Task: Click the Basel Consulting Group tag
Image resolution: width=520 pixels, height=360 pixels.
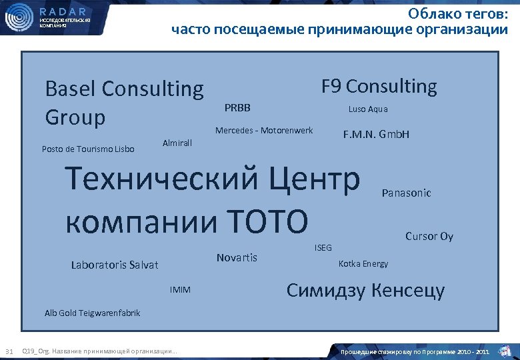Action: tap(123, 103)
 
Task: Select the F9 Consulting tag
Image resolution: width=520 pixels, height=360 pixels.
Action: tap(379, 87)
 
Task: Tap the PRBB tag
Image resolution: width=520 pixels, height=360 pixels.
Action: tap(237, 108)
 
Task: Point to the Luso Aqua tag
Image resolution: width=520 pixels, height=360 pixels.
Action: tap(367, 109)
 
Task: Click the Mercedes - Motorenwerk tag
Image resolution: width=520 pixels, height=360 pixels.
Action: tap(263, 130)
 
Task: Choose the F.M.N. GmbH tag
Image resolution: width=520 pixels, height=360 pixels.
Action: tap(376, 135)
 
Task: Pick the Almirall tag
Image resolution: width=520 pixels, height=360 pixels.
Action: tap(177, 143)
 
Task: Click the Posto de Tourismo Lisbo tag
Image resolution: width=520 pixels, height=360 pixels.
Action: tap(88, 149)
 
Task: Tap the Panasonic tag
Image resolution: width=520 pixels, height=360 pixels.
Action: tap(406, 193)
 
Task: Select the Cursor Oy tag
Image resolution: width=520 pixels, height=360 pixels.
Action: tap(429, 237)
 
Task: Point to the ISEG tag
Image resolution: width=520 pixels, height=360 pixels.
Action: tap(323, 248)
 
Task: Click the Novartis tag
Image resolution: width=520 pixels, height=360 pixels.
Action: tap(237, 258)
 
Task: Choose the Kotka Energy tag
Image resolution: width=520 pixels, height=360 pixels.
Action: tap(363, 264)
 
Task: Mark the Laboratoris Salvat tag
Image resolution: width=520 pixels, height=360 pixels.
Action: tap(115, 265)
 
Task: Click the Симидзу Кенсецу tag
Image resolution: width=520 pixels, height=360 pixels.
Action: tap(365, 291)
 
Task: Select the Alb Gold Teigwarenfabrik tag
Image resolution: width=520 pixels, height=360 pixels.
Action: tap(92, 313)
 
